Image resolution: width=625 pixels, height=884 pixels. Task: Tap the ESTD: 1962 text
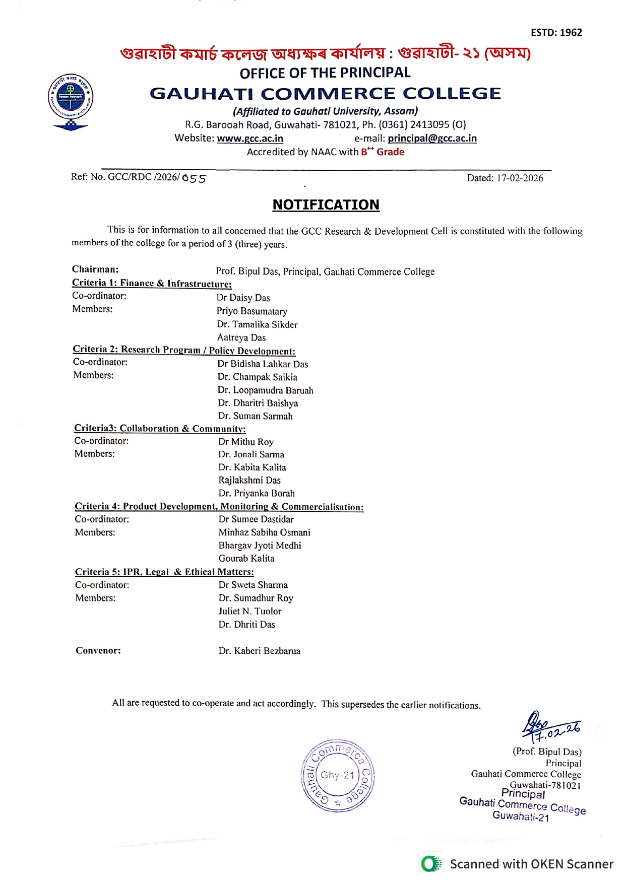pos(556,33)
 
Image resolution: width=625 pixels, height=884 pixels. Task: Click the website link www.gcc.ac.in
pos(249,139)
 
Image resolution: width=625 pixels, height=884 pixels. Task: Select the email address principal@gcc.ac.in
pos(432,139)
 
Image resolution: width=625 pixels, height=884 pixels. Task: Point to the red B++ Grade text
pos(383,152)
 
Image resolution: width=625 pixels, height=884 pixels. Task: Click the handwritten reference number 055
pos(194,178)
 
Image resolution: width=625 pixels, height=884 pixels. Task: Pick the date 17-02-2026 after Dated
pos(520,178)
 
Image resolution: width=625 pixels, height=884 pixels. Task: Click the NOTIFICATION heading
pos(326,205)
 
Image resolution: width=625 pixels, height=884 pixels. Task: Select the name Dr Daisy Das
pos(243,298)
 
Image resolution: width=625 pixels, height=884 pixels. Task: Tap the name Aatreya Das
pos(241,337)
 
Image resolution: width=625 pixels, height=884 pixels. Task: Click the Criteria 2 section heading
pos(184,350)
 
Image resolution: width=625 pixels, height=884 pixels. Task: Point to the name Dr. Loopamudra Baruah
pos(265,390)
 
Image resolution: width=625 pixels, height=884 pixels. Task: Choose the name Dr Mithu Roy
pos(245,442)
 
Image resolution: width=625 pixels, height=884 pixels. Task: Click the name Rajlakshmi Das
pos(249,481)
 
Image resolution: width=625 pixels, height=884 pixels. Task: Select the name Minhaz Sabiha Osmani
pos(264,532)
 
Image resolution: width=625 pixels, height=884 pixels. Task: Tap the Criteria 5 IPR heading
pos(164,572)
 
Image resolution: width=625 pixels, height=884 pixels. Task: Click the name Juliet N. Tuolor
pos(249,611)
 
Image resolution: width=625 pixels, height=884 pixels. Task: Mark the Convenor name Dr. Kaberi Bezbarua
pos(259,651)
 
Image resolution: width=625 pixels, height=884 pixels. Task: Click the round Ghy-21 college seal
pos(337,776)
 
